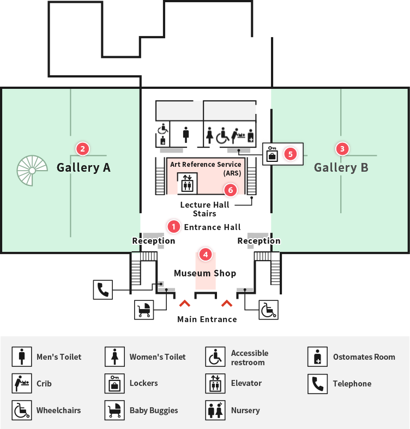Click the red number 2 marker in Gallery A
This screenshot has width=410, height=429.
pyautogui.click(x=83, y=149)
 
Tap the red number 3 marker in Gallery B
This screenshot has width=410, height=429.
pyautogui.click(x=342, y=149)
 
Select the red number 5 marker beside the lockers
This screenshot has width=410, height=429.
pyautogui.click(x=291, y=154)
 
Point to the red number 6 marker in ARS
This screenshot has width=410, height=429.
pyautogui.click(x=231, y=190)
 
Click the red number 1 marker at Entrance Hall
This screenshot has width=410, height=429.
pyautogui.click(x=173, y=227)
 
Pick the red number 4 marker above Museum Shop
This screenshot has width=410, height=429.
pyautogui.click(x=206, y=255)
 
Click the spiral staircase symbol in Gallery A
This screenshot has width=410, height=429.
pyautogui.click(x=32, y=171)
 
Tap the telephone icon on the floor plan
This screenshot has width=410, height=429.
pyautogui.click(x=103, y=290)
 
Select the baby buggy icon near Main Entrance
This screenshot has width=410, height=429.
pyautogui.click(x=144, y=310)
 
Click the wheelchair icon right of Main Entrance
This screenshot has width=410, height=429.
pyautogui.click(x=268, y=310)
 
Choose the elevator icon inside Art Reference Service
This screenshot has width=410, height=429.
pyautogui.click(x=187, y=183)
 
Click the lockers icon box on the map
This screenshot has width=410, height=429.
pyautogui.click(x=272, y=154)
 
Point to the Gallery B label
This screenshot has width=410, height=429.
pyautogui.click(x=341, y=168)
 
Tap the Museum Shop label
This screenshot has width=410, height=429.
pyautogui.click(x=205, y=273)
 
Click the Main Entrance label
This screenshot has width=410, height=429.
pyautogui.click(x=207, y=319)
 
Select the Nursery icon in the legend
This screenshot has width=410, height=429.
pyautogui.click(x=215, y=410)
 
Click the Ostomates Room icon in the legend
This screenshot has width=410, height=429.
pyautogui.click(x=317, y=357)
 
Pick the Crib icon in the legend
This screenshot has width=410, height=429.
pyautogui.click(x=22, y=383)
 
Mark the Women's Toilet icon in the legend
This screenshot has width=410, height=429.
pyautogui.click(x=114, y=357)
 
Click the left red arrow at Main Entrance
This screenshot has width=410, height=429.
pyautogui.click(x=185, y=303)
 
